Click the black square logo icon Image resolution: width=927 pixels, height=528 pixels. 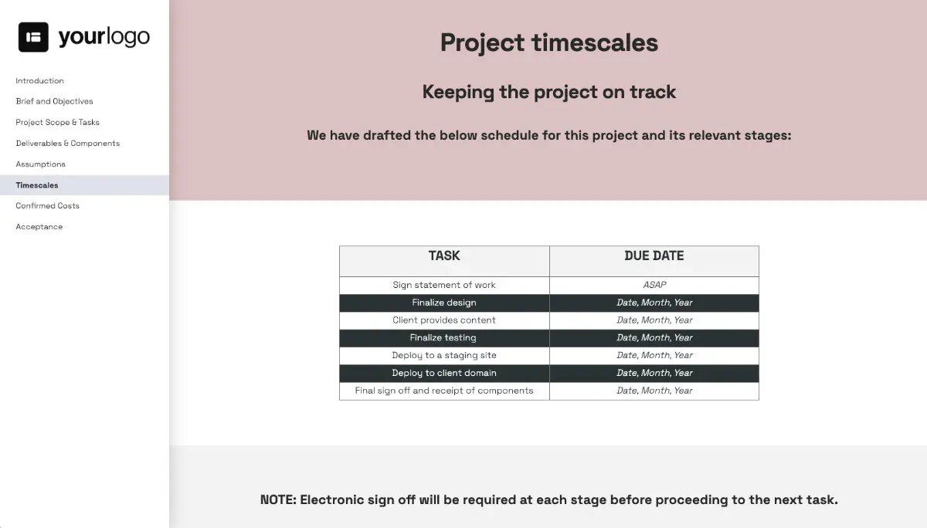pyautogui.click(x=33, y=37)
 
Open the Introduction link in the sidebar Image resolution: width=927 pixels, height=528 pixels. pyautogui.click(x=39, y=80)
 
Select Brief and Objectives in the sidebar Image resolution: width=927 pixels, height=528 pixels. pyautogui.click(x=54, y=101)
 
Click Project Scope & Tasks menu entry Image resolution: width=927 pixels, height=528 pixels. pyautogui.click(x=57, y=123)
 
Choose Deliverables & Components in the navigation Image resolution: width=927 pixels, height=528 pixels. pyautogui.click(x=68, y=143)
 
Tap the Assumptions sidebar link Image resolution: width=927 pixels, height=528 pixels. pyautogui.click(x=40, y=164)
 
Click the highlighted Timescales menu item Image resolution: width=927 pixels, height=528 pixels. pyautogui.click(x=37, y=185)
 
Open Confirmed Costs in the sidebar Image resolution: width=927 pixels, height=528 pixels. pyautogui.click(x=48, y=205)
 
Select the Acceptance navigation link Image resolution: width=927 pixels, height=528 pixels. pyautogui.click(x=39, y=227)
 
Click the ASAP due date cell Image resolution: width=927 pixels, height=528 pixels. pyautogui.click(x=654, y=285)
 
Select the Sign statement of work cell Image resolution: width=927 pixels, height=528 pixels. pyautogui.click(x=444, y=285)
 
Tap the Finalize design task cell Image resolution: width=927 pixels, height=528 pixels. pyautogui.click(x=444, y=303)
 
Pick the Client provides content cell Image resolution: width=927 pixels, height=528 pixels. pyautogui.click(x=444, y=320)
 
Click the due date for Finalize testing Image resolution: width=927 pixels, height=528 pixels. pyautogui.click(x=654, y=338)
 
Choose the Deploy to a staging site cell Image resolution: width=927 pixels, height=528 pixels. pyautogui.click(x=444, y=355)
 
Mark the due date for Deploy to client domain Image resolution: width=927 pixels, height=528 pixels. pyautogui.click(x=654, y=373)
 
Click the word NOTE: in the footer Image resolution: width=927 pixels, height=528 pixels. pyautogui.click(x=279, y=500)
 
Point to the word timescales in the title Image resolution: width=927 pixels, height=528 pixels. pyautogui.click(x=595, y=43)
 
